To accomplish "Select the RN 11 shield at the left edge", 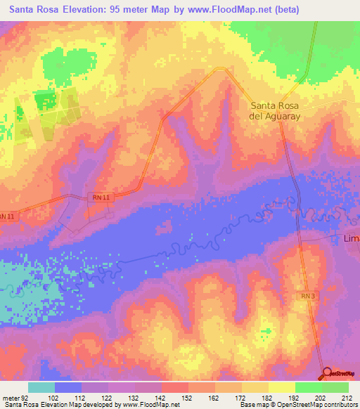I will pos(6,217).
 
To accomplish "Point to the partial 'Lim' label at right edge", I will pos(351,239).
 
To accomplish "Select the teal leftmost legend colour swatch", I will pos(41,387).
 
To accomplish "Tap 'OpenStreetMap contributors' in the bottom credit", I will pos(320,405).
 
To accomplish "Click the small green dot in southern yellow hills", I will pos(266,329).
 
